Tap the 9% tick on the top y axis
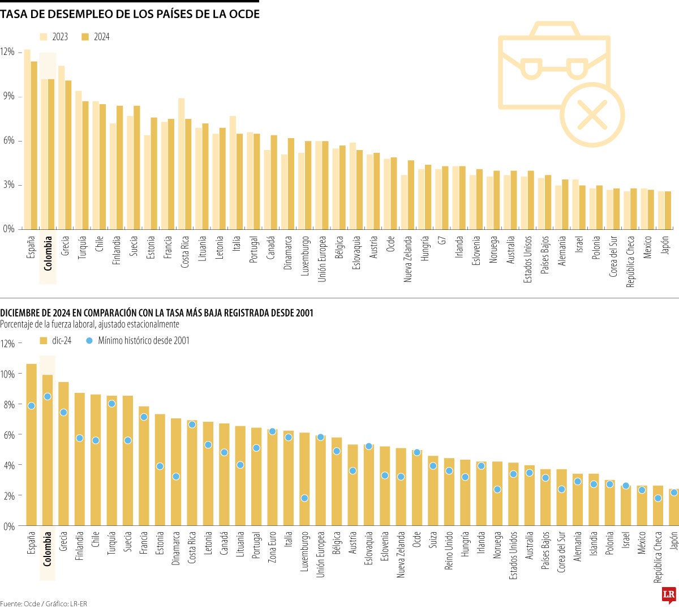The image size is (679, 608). (x=8, y=96)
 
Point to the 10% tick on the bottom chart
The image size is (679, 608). (x=8, y=374)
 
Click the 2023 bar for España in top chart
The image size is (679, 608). (x=27, y=139)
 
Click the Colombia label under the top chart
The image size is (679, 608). (x=48, y=253)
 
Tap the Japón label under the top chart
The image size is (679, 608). (x=665, y=249)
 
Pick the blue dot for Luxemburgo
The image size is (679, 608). (x=304, y=498)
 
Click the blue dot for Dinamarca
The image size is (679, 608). (x=176, y=477)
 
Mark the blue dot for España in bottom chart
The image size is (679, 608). (x=31, y=405)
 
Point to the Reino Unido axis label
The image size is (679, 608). (x=449, y=550)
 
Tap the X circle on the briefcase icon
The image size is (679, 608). (x=592, y=114)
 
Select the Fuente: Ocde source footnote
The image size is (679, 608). (x=20, y=603)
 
